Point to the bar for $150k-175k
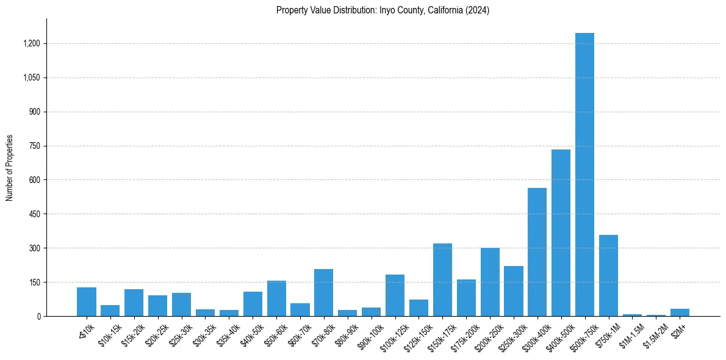coord(442,280)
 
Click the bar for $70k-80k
coord(323,293)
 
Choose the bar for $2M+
coord(680,312)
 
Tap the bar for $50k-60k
coord(276,298)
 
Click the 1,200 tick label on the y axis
coord(32,44)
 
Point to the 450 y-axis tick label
coord(35,214)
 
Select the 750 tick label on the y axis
coord(35,146)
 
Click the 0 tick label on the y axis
coord(38,317)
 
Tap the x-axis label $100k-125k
coord(391,335)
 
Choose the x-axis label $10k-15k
coord(110,333)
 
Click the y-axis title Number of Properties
coord(10,167)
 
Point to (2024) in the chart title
coord(477,10)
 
